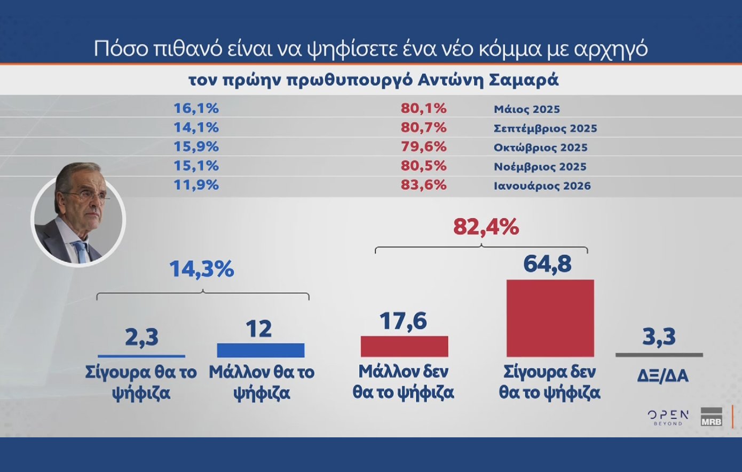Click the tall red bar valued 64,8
[550, 318]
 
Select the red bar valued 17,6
[404, 346]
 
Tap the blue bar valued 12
[261, 350]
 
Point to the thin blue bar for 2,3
[141, 356]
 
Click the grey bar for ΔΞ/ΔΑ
[659, 355]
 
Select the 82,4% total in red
[486, 227]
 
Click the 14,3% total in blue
[201, 269]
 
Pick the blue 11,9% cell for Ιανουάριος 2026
[196, 185]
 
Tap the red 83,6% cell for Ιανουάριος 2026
[423, 185]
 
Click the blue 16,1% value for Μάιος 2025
[196, 108]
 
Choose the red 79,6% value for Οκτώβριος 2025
[423, 147]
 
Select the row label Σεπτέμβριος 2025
[545, 129]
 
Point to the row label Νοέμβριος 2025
[540, 167]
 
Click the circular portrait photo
[78, 218]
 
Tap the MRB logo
[711, 417]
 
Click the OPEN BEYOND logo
[668, 417]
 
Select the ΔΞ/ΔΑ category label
[662, 376]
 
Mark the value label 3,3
[659, 337]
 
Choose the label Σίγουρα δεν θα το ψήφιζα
[549, 382]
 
